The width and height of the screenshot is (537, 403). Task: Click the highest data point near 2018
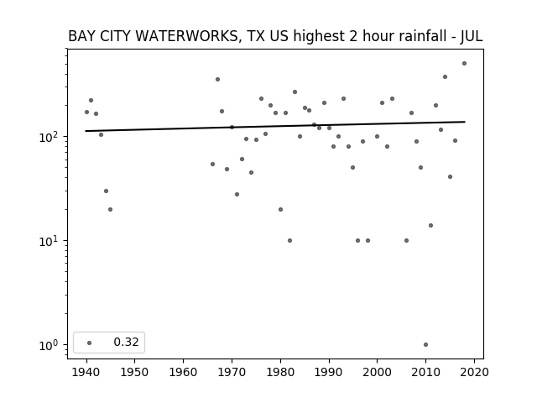point(464,64)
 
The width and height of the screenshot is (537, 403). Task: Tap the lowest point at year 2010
point(425,345)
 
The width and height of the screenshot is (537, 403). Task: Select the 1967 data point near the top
point(217,80)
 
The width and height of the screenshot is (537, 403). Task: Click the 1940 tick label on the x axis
point(86,372)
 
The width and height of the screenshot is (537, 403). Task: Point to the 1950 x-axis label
point(134,372)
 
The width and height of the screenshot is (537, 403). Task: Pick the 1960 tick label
point(183,372)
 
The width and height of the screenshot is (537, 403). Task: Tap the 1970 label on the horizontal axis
point(232,372)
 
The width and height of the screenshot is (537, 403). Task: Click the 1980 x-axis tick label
point(280,372)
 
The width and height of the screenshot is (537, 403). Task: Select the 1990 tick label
point(329,372)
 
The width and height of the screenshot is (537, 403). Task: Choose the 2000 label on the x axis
point(377,372)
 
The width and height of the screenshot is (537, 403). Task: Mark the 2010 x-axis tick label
point(425,372)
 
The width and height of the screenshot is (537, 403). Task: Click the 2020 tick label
point(474,372)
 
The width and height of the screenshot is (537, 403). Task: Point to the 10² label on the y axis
point(50,137)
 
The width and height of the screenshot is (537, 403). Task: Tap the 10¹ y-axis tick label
point(50,241)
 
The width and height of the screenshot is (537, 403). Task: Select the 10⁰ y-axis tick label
point(50,345)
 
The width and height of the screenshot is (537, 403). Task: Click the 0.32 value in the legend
point(126,342)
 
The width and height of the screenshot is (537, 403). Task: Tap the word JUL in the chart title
point(472,36)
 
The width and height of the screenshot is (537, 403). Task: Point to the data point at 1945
point(110,209)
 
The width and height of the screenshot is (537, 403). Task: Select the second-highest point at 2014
point(445,76)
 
